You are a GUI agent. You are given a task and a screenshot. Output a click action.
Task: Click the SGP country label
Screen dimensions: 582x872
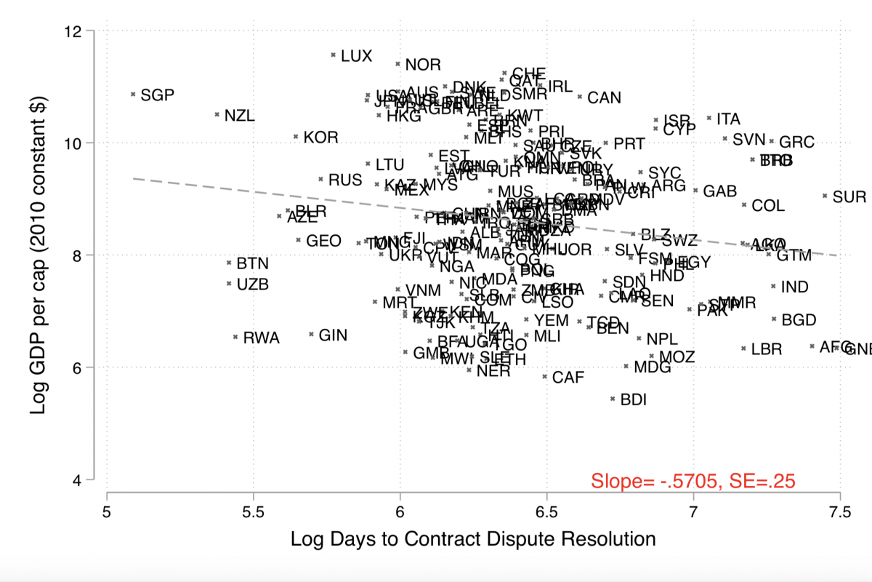[x=158, y=95]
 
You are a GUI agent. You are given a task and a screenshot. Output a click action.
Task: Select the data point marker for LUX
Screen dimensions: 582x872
[x=333, y=55]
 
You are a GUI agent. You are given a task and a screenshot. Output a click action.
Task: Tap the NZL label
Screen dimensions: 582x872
[x=240, y=116]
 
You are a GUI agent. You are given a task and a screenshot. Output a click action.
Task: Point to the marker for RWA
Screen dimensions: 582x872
[x=235, y=337]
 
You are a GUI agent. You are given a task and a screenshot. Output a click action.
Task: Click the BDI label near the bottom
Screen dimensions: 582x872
[x=633, y=399]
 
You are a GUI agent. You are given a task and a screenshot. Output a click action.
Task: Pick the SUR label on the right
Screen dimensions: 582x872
[x=849, y=197]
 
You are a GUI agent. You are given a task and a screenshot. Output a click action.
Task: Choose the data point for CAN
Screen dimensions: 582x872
[x=580, y=96]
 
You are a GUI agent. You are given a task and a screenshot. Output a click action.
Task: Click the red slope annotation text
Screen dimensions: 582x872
[x=693, y=481]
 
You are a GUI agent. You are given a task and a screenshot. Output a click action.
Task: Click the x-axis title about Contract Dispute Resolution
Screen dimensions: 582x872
[x=473, y=539]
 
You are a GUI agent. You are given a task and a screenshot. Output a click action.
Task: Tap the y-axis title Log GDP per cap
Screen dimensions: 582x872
[x=39, y=255]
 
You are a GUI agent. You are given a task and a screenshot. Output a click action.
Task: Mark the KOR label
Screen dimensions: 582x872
[x=321, y=137]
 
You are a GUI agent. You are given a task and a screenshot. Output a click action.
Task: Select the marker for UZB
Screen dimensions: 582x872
[x=229, y=284]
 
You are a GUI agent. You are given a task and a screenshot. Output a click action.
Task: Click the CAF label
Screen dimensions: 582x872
[x=568, y=378]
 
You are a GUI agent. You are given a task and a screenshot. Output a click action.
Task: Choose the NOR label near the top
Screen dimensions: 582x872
[x=423, y=65]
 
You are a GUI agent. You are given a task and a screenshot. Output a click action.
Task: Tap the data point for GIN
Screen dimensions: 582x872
[x=311, y=335]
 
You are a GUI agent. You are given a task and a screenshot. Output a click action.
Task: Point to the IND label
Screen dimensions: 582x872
[x=794, y=287]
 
